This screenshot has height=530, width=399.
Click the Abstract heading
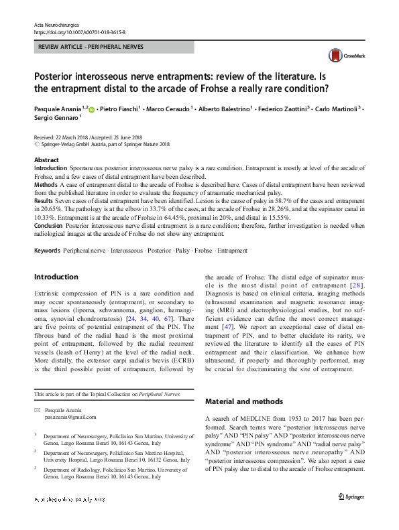47,160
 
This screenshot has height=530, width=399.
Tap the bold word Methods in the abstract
46,183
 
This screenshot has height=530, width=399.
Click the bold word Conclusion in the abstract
49,226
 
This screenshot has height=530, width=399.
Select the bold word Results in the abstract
44,200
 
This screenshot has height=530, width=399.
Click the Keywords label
47,250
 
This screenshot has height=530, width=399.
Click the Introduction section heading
56,277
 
